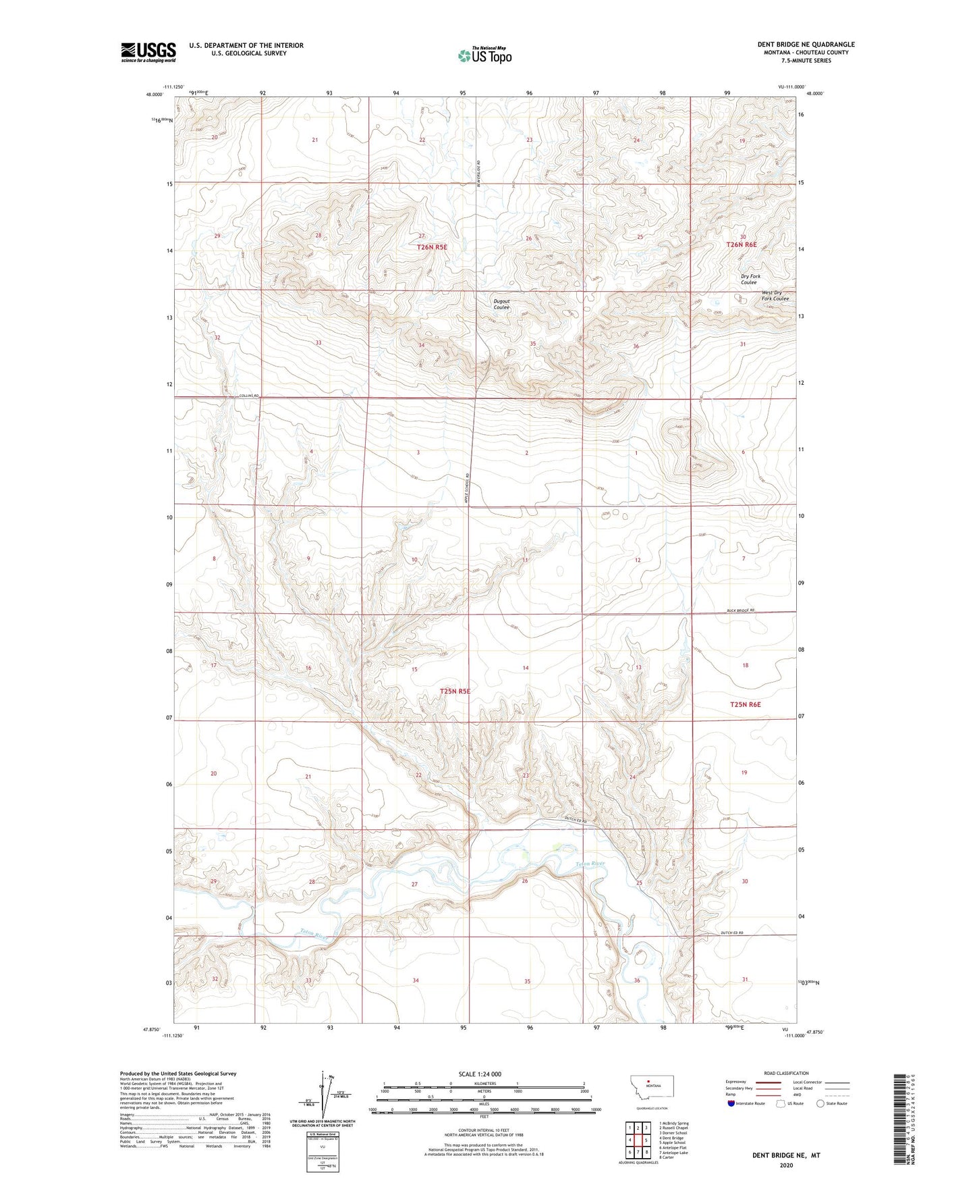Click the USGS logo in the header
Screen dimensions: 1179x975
pos(148,52)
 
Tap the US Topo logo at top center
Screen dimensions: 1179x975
pos(484,55)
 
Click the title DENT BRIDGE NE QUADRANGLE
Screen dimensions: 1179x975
pos(806,45)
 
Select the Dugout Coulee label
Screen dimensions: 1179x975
pos(501,305)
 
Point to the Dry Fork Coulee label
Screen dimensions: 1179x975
pos(750,280)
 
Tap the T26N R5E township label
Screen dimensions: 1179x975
pos(432,247)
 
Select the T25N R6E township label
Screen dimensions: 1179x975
pos(745,704)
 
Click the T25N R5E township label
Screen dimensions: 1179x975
pos(454,691)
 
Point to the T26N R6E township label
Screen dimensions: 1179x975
pos(741,245)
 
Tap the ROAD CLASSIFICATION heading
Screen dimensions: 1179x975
pos(786,1073)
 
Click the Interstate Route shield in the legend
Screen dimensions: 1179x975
pos(731,1103)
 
